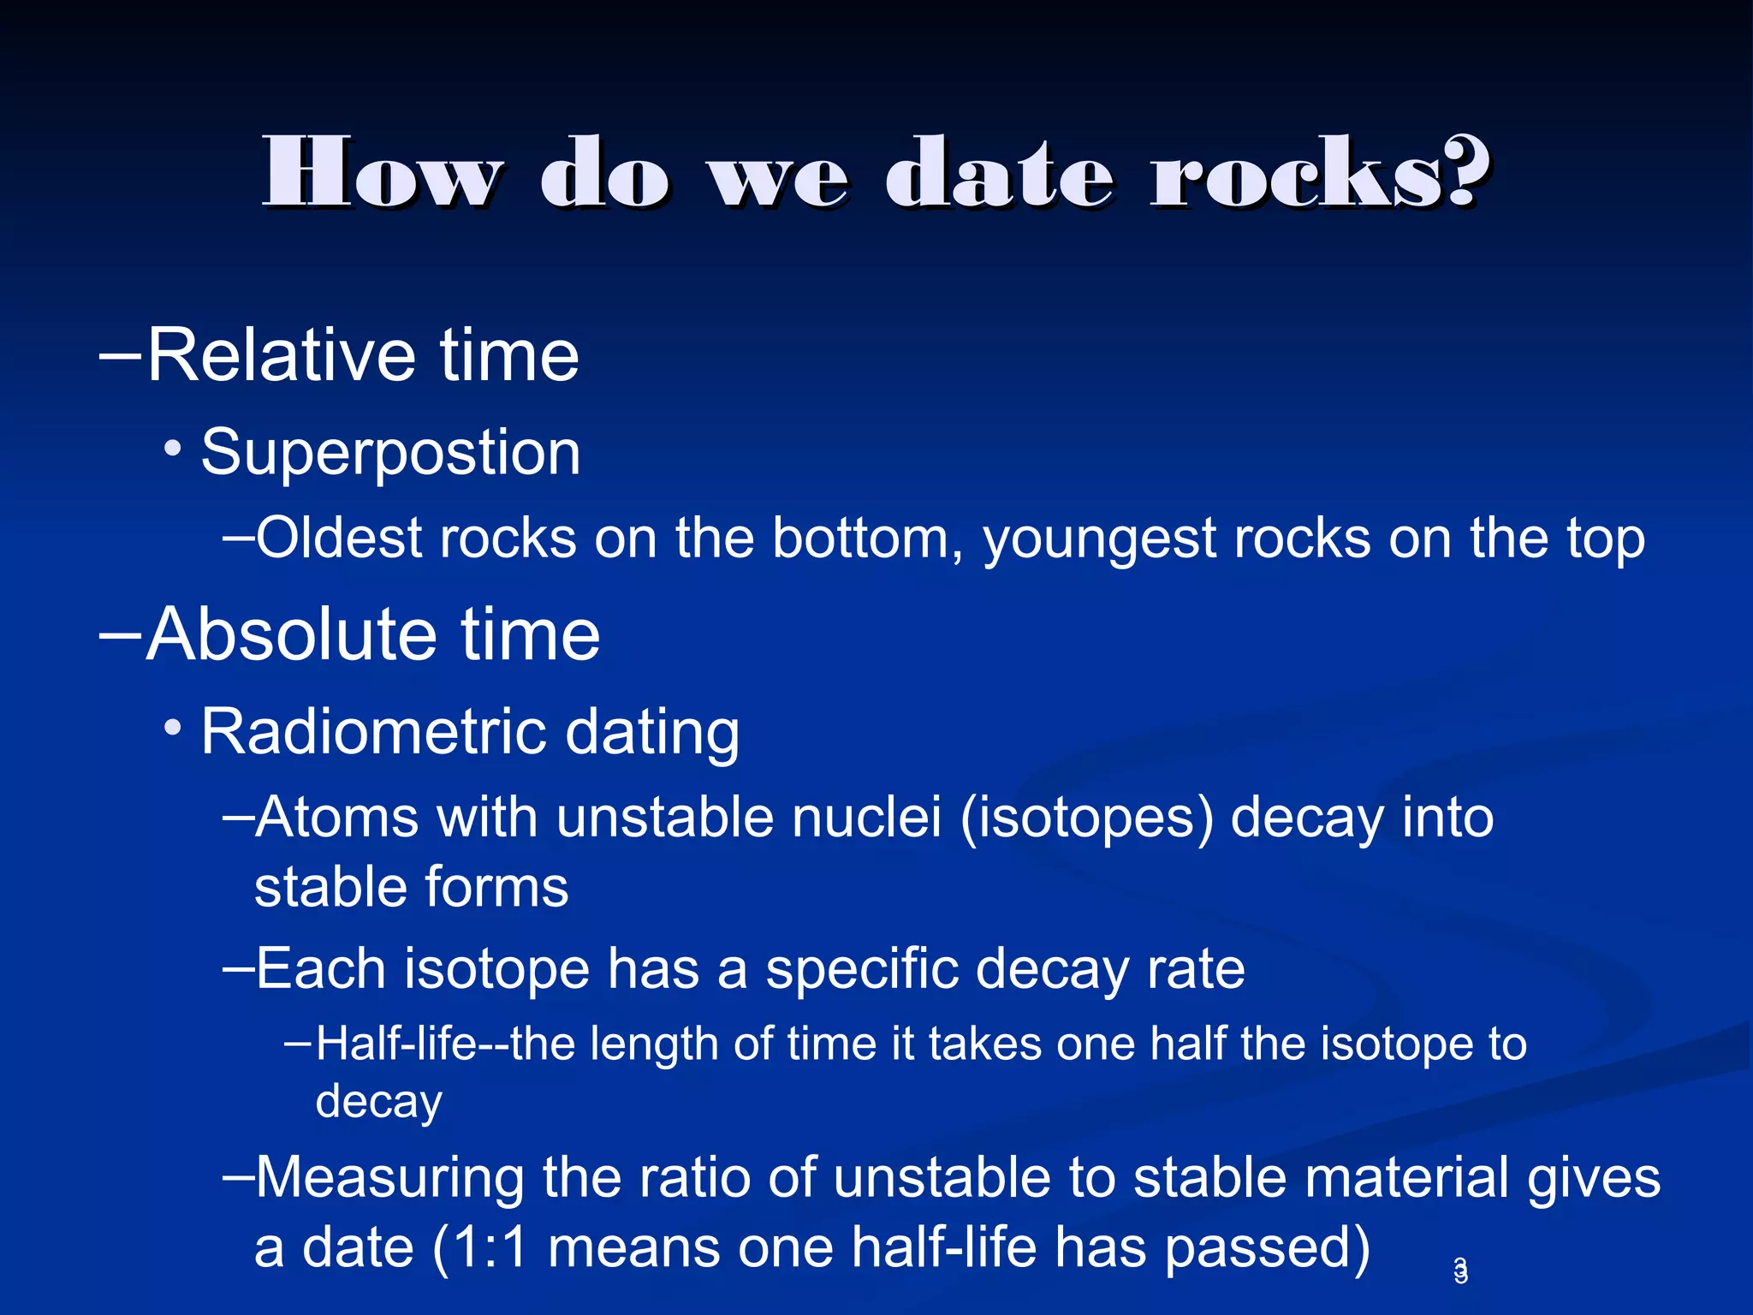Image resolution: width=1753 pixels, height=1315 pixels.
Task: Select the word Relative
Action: (281, 355)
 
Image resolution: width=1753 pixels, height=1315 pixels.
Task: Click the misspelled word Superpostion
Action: (390, 453)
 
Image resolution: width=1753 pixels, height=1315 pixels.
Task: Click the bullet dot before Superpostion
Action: (174, 448)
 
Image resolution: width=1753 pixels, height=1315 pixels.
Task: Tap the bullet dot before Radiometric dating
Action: (174, 729)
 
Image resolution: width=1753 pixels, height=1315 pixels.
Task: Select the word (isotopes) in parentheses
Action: (1086, 818)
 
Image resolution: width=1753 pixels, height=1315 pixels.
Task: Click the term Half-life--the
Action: (445, 1045)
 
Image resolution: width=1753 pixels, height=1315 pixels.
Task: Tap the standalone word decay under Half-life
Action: (378, 1102)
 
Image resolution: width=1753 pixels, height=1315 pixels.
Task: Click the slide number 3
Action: (1461, 1270)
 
